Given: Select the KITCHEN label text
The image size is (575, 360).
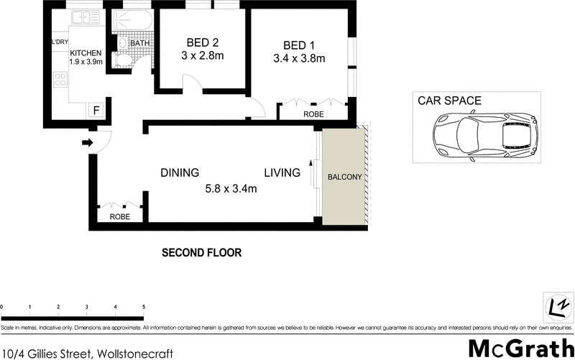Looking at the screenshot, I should tap(86, 53).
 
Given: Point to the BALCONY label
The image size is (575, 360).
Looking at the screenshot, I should tap(345, 177).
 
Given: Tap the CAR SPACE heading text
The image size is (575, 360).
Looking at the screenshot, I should tap(450, 101).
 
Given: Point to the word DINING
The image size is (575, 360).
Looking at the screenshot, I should tap(180, 172).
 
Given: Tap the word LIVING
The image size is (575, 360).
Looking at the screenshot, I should tap(282, 172).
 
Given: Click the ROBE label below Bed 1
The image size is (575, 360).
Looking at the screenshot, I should tap(313, 114).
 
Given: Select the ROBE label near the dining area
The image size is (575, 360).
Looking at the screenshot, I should tap(120, 216).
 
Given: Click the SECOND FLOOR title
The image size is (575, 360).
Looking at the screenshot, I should tap(201, 253).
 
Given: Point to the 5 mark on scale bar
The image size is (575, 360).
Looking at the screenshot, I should tap(144, 307).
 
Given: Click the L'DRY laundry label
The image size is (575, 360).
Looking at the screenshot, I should tap(59, 42).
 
